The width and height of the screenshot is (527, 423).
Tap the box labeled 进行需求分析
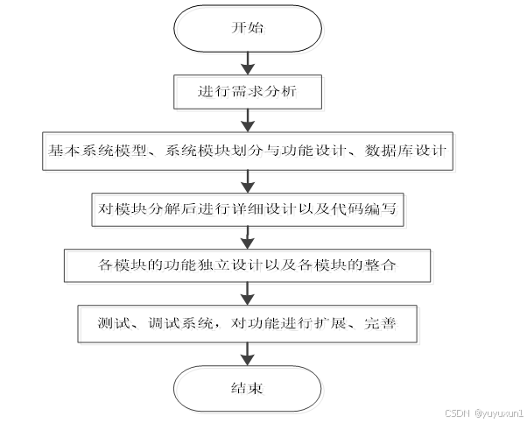point(249,89)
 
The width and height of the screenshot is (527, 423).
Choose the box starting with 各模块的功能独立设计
point(249,264)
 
